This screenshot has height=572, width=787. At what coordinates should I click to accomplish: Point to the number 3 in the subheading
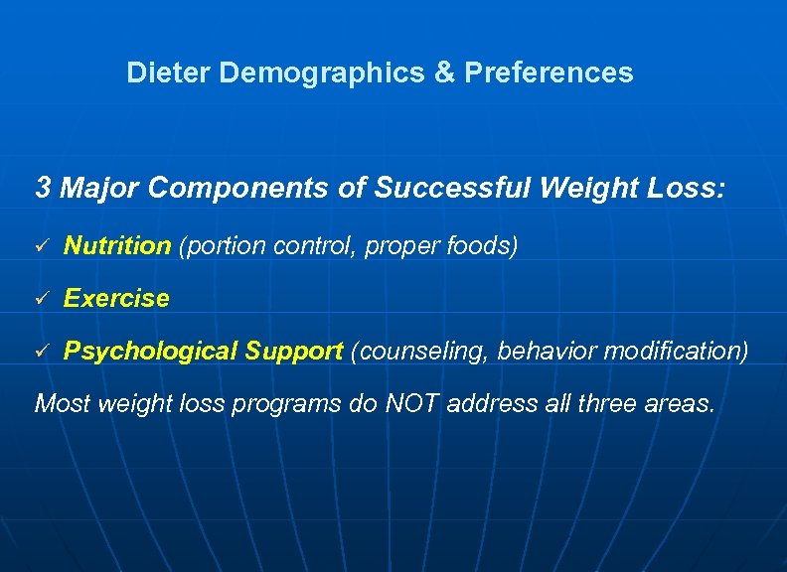point(43,187)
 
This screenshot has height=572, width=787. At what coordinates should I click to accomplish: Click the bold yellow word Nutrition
point(117,245)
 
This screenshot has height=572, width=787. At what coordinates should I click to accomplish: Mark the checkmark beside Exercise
point(42,299)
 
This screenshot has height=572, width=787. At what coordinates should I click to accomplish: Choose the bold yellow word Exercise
point(116,298)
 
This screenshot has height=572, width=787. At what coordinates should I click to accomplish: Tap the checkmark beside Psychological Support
point(42,351)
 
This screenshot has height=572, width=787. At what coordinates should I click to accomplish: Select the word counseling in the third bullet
point(421,351)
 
